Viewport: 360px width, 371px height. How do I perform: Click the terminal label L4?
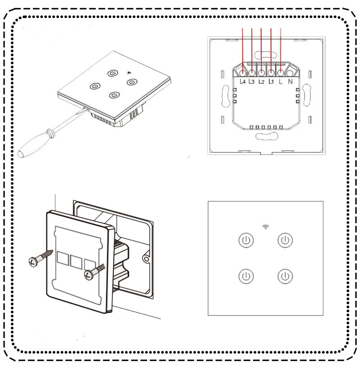(243, 82)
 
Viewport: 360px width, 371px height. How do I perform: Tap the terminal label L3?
(252, 82)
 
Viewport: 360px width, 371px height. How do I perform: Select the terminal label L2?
(261, 82)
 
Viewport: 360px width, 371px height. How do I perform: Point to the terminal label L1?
(271, 82)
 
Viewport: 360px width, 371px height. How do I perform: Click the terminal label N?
(290, 82)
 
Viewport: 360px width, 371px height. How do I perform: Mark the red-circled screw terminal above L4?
(243, 72)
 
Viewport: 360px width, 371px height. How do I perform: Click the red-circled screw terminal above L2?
(261, 72)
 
